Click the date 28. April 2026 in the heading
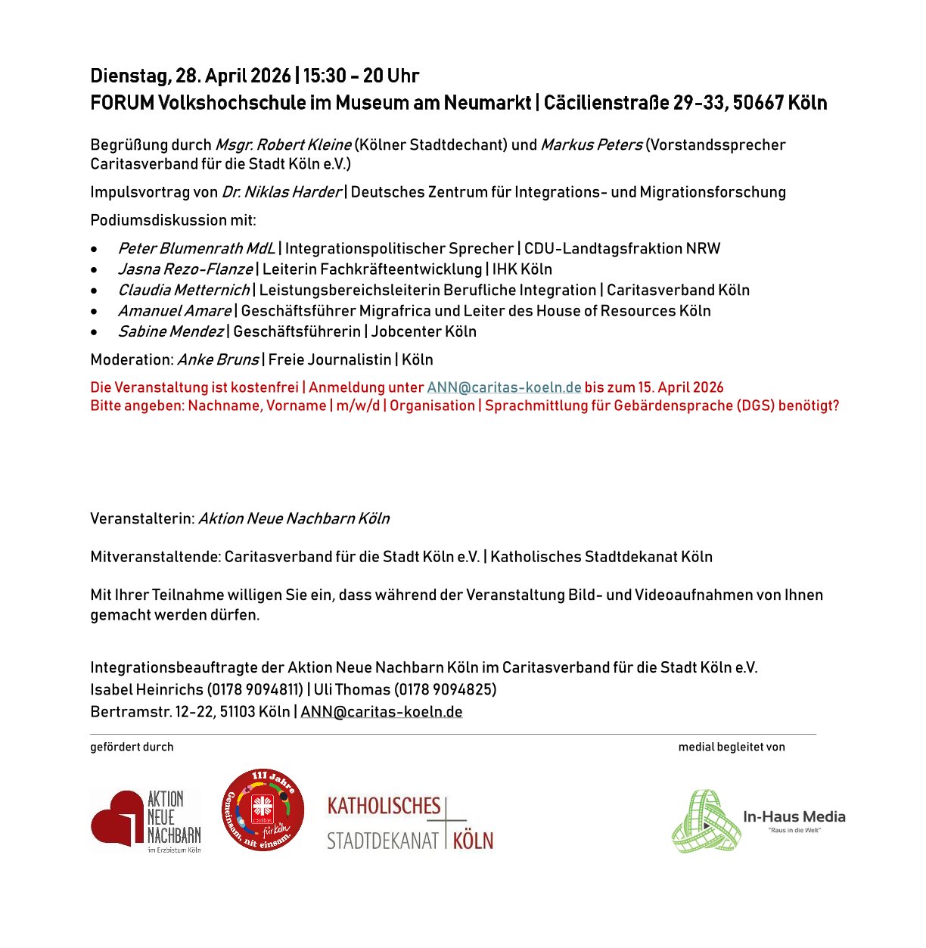tap(234, 76)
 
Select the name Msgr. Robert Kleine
tap(284, 145)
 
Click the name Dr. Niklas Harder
tap(281, 192)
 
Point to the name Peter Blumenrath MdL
tap(197, 248)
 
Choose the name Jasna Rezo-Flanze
tap(185, 269)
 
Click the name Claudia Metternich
tap(184, 290)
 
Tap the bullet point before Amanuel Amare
tap(94, 311)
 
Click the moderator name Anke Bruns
tap(218, 359)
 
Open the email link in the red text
tap(504, 387)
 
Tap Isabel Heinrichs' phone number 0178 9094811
tap(255, 689)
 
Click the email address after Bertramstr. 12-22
tap(381, 712)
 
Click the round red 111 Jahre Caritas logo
tap(263, 810)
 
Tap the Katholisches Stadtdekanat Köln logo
tap(409, 822)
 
